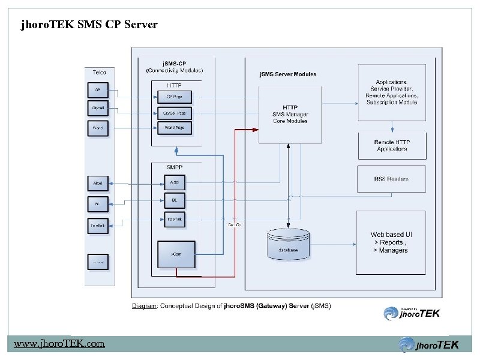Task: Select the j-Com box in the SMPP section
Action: click(x=176, y=254)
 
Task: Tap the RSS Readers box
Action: click(x=392, y=178)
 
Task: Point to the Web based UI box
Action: click(x=391, y=242)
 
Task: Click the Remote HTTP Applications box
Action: click(x=392, y=146)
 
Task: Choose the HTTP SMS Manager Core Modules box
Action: click(x=290, y=114)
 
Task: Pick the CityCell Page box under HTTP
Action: click(x=175, y=113)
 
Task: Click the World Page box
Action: click(x=175, y=128)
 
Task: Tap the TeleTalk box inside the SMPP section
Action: click(x=175, y=220)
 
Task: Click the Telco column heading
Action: click(x=100, y=72)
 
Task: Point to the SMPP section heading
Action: click(x=174, y=166)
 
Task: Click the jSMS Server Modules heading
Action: click(x=287, y=74)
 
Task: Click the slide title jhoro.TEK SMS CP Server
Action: click(x=89, y=25)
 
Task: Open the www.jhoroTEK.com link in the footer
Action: click(x=59, y=344)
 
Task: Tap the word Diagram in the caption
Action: click(x=145, y=305)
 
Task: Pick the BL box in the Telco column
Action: click(x=97, y=203)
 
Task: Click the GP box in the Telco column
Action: click(x=97, y=91)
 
